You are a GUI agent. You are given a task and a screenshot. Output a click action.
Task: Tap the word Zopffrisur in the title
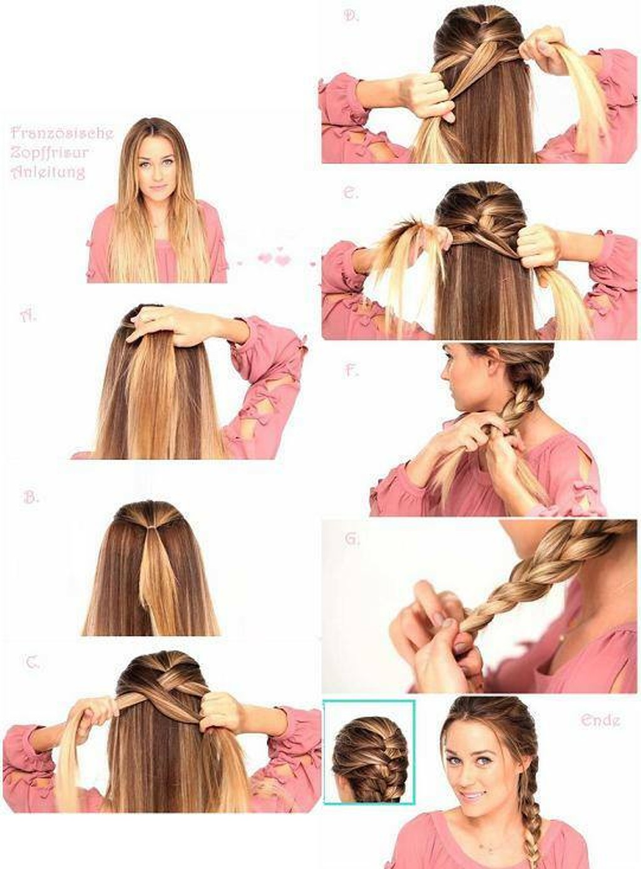click(x=49, y=153)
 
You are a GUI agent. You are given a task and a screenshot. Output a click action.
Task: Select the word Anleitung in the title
click(x=48, y=171)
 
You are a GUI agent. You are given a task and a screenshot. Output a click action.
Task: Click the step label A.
click(x=28, y=316)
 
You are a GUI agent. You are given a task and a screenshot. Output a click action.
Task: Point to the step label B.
click(x=31, y=497)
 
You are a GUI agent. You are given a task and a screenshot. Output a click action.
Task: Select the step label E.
click(x=351, y=193)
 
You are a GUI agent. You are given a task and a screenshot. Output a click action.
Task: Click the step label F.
click(x=352, y=371)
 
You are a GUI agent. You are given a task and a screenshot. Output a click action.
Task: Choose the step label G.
click(x=352, y=539)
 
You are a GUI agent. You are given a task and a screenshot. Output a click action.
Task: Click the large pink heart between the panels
click(x=283, y=260)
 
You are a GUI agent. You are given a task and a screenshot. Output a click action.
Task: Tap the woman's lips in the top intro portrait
click(x=158, y=188)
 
